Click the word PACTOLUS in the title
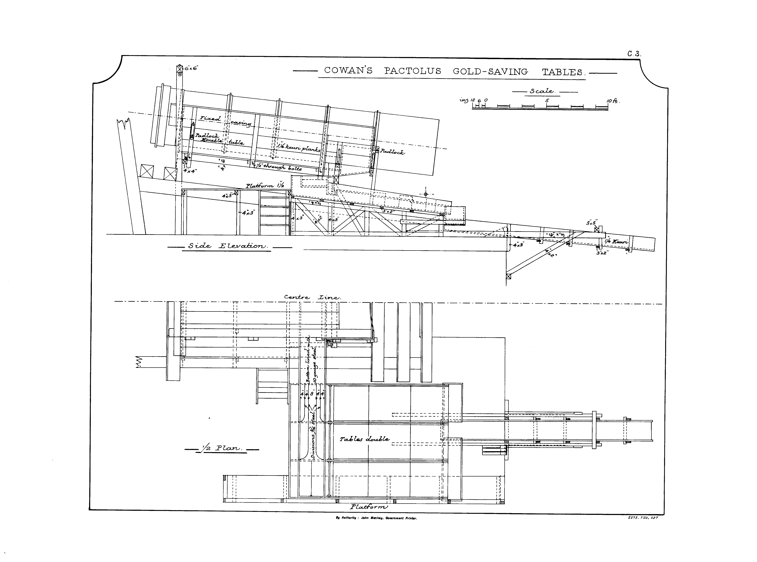(412, 71)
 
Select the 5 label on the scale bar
(547, 101)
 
